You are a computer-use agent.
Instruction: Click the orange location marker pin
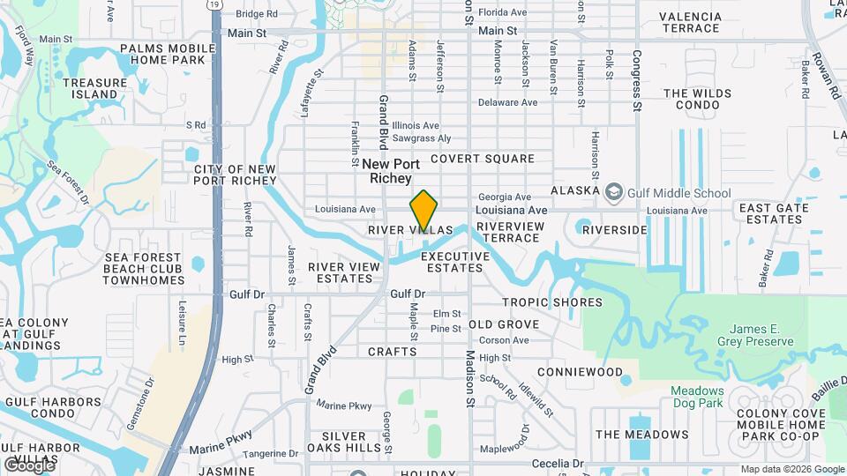(x=424, y=211)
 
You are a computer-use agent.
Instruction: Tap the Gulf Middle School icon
(x=613, y=192)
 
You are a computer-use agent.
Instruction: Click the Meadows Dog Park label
(x=697, y=397)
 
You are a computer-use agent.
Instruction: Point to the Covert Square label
(x=483, y=159)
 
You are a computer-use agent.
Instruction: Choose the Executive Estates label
(x=455, y=262)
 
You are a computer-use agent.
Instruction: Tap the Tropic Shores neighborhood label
(x=552, y=302)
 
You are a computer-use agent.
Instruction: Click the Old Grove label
(x=504, y=324)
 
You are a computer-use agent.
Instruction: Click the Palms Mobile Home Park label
(x=168, y=54)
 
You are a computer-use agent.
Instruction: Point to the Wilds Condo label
(x=700, y=99)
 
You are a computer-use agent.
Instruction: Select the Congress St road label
(x=636, y=79)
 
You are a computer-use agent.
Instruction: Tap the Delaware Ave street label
(x=507, y=103)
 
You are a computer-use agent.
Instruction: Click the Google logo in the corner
(x=29, y=465)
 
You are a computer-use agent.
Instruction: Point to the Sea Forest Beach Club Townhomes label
(x=143, y=269)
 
